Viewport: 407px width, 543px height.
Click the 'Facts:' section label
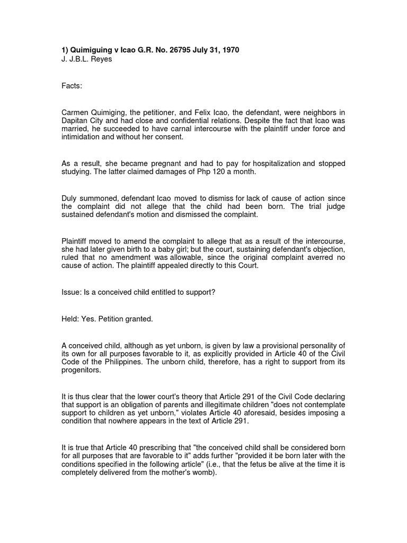(x=72, y=85)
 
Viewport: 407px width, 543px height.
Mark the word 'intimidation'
(x=81, y=137)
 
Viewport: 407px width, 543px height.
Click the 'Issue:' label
(x=72, y=292)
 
